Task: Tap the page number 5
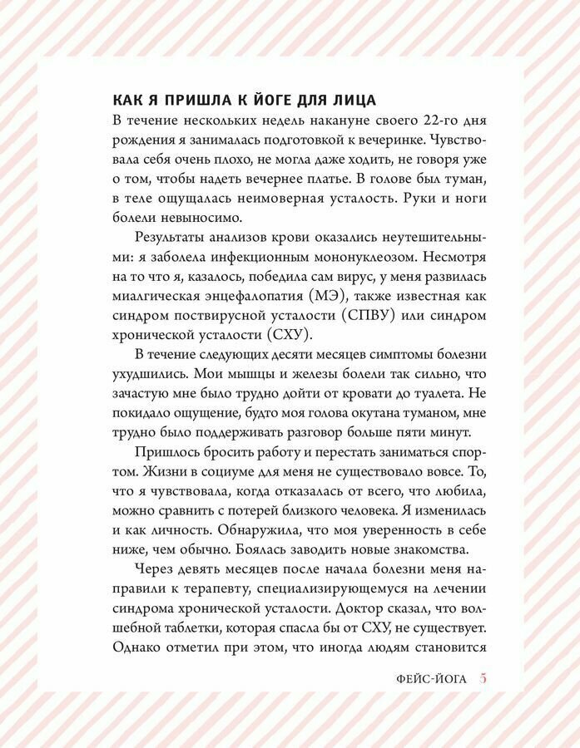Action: point(483,679)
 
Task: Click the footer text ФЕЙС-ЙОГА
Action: point(433,679)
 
